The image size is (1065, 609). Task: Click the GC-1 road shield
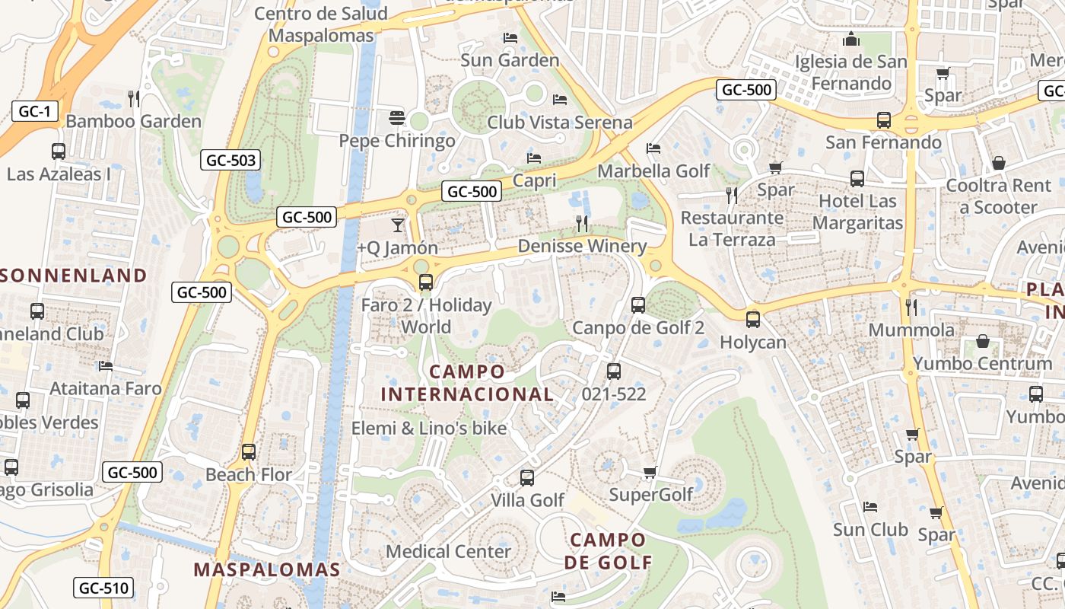[x=34, y=112]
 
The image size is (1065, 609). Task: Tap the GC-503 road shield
[x=230, y=160]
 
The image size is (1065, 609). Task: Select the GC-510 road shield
[x=103, y=588]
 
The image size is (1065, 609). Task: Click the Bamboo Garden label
[x=134, y=121]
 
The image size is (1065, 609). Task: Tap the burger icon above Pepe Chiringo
[x=396, y=118]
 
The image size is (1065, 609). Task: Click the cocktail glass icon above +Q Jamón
[x=397, y=225]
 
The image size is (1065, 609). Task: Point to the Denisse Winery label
[x=582, y=246]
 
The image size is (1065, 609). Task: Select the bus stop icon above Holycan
[x=753, y=320]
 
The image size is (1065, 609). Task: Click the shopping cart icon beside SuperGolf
[x=650, y=473]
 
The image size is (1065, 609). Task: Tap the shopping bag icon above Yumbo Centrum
[x=983, y=341]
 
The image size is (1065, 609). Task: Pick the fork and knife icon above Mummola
[x=911, y=307]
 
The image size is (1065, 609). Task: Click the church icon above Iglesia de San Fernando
[x=851, y=39]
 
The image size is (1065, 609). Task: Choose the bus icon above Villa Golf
[x=527, y=478]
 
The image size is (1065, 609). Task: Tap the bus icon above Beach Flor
[x=249, y=451]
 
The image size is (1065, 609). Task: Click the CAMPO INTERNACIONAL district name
[x=467, y=383]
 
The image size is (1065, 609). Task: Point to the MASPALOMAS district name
[x=267, y=569]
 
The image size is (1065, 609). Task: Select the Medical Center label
[x=449, y=551]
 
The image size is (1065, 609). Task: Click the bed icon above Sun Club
[x=870, y=507]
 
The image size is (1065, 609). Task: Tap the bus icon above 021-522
[x=613, y=371]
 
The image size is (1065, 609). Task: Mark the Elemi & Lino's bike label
[x=429, y=429]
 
